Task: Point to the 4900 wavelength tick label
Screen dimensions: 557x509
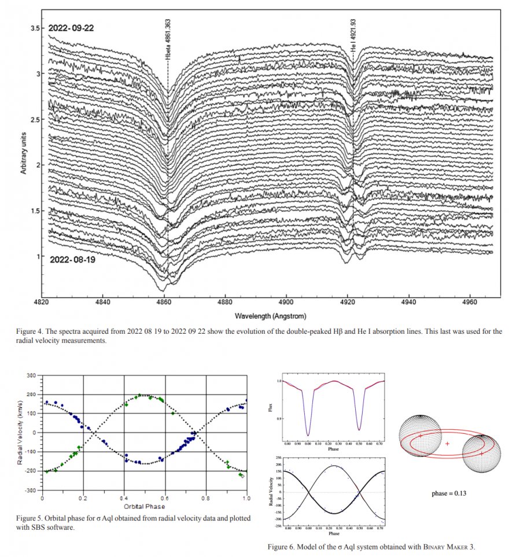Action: point(286,302)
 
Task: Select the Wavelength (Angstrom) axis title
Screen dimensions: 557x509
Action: point(270,316)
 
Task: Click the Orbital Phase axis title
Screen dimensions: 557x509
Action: point(143,506)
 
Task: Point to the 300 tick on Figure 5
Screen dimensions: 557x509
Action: point(31,376)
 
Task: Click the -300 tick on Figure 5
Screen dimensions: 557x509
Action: point(29,490)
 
